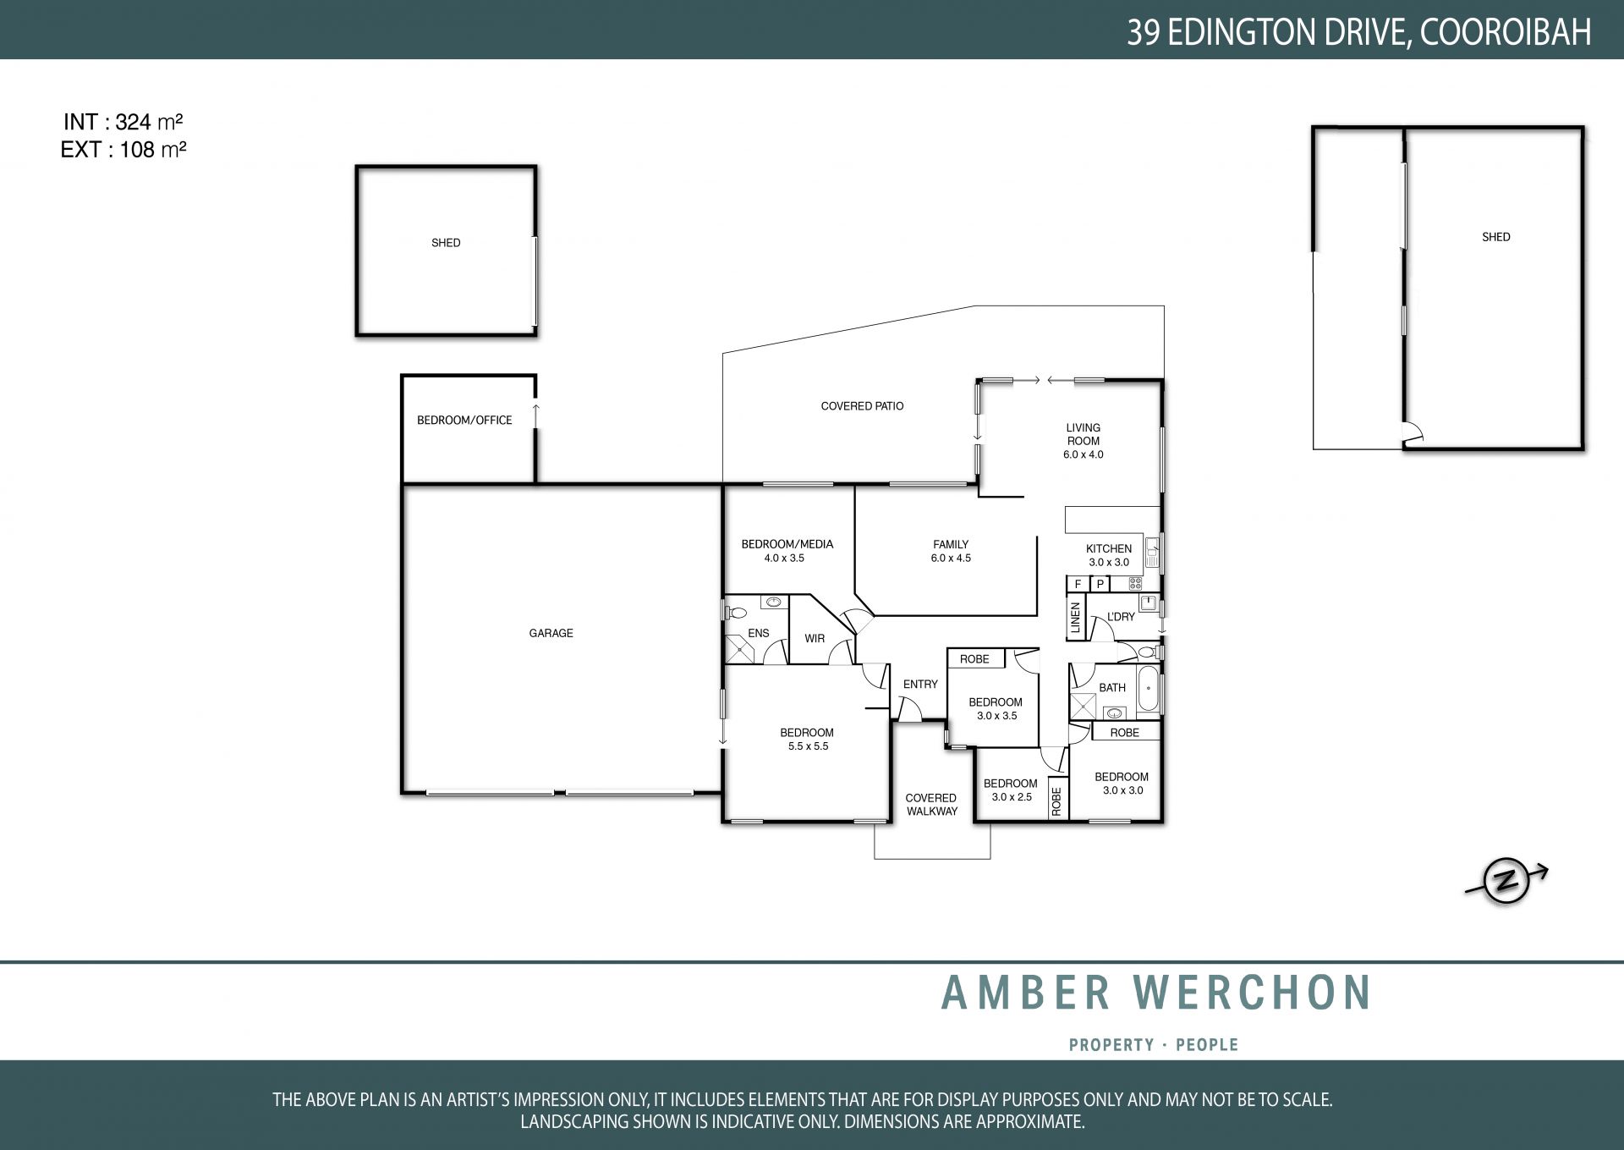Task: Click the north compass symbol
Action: [1506, 882]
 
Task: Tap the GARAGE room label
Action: [551, 633]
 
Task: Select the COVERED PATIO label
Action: [862, 406]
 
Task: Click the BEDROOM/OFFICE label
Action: [464, 420]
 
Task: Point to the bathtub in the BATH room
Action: [1148, 691]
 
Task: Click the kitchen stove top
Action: [1135, 583]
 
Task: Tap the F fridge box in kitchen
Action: [1078, 584]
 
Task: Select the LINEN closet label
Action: [1076, 617]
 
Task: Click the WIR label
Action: [815, 638]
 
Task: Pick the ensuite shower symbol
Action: [740, 650]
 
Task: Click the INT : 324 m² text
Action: [123, 122]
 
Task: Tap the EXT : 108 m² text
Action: [123, 150]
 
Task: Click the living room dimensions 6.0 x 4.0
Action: [1084, 454]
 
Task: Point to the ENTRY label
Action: [920, 684]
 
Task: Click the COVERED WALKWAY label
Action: [931, 805]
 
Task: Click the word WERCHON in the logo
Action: [1252, 993]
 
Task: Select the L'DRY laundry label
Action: [1121, 617]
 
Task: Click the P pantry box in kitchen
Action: [1100, 584]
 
